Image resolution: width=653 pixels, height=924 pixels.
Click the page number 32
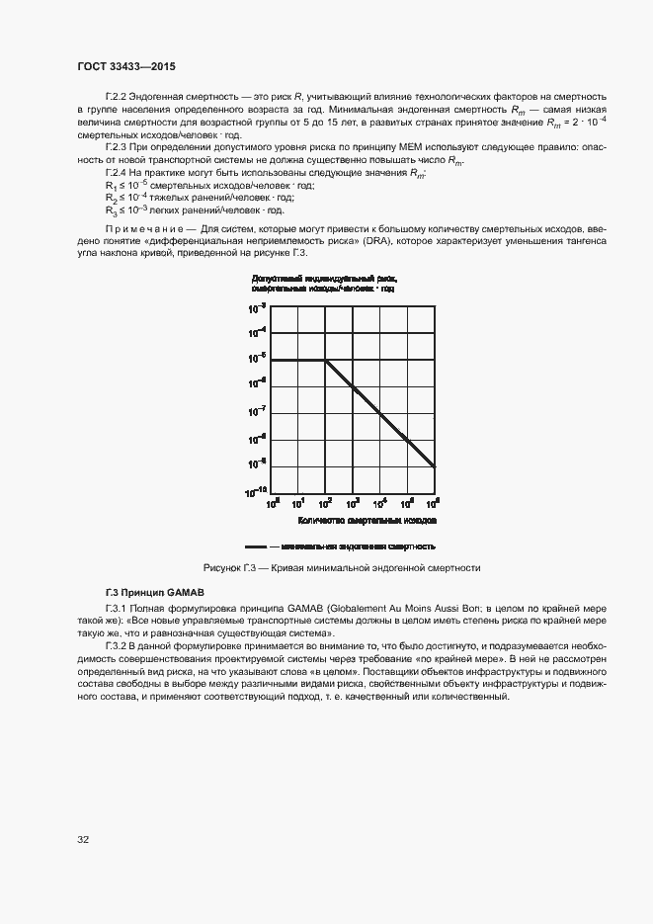pyautogui.click(x=84, y=840)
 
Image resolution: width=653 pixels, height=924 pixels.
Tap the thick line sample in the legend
pyautogui.click(x=256, y=546)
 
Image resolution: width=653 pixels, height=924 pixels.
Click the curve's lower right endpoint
pyautogui.click(x=436, y=466)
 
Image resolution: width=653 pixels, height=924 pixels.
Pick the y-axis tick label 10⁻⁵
pyautogui.click(x=257, y=356)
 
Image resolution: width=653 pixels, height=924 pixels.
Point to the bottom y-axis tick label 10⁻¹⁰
pyautogui.click(x=256, y=490)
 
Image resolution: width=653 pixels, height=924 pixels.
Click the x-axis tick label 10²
pyautogui.click(x=326, y=502)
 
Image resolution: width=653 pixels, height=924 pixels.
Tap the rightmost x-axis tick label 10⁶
pyautogui.click(x=435, y=502)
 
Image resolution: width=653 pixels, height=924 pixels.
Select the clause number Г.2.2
pyautogui.click(x=118, y=95)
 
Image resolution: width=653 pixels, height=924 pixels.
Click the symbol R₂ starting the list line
pyautogui.click(x=111, y=198)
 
